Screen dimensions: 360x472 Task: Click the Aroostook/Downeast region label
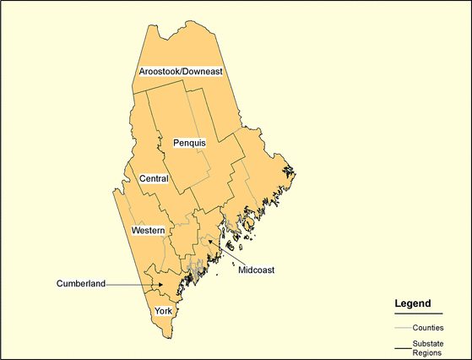[182, 72]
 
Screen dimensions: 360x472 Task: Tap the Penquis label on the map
[189, 143]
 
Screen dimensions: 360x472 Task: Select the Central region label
[154, 178]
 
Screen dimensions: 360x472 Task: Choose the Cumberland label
[81, 283]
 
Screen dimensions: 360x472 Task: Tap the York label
[163, 311]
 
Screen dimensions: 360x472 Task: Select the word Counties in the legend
[429, 327]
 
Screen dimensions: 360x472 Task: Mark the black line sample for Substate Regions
[402, 346]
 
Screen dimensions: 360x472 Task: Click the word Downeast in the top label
[202, 72]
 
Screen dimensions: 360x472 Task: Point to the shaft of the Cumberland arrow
[131, 284]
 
